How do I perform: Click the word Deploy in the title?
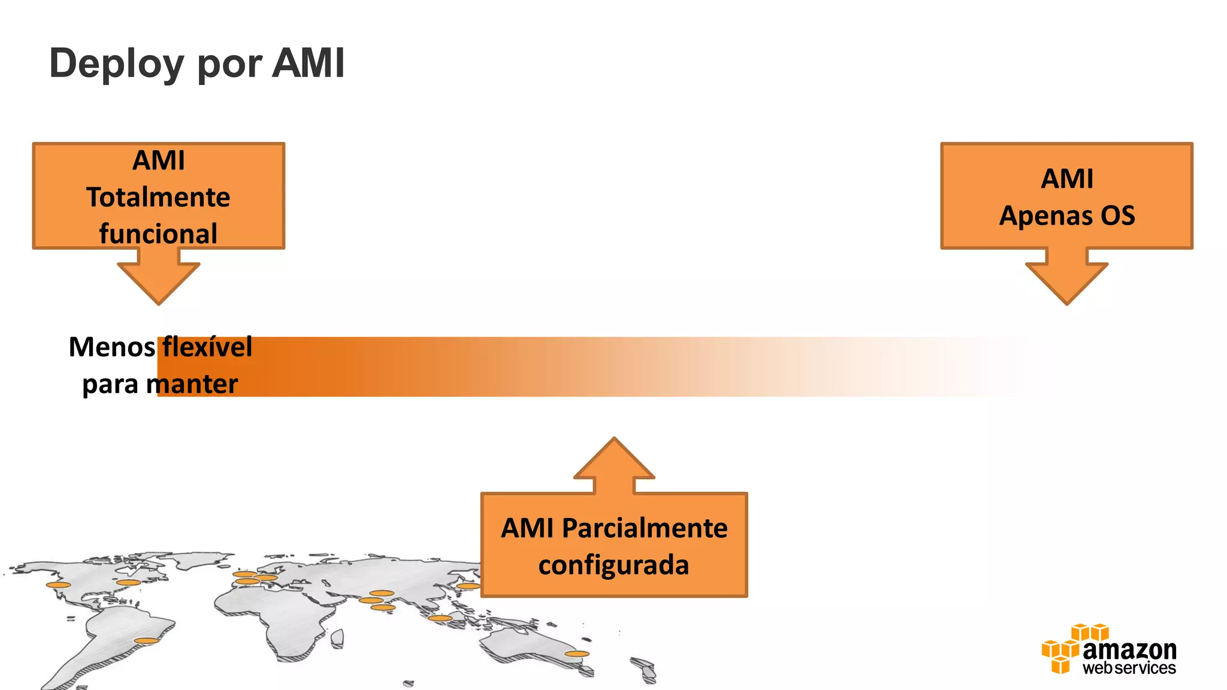pos(116,63)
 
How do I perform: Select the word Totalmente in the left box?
pos(158,197)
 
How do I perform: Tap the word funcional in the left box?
pos(158,233)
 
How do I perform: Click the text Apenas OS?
pos(1067,216)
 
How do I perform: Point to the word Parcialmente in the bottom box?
pos(645,528)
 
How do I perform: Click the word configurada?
pos(613,565)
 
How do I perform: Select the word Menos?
pos(112,347)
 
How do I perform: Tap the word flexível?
pos(207,347)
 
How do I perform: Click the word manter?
pos(192,384)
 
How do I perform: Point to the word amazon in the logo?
pos(1129,649)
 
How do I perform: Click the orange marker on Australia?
pos(576,654)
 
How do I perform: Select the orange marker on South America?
pos(146,641)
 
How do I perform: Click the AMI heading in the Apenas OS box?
pos(1067,178)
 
